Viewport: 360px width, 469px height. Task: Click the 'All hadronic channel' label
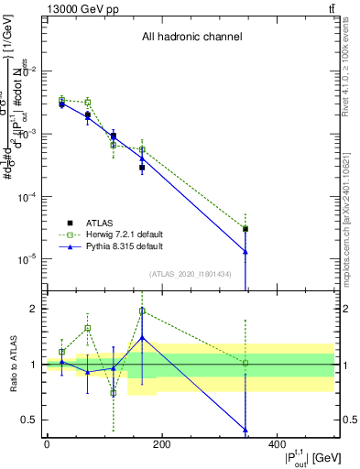coord(191,38)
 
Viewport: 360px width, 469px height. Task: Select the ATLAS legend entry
coord(100,222)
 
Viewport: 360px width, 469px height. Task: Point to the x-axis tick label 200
coord(161,443)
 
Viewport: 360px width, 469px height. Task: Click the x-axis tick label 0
coord(47,443)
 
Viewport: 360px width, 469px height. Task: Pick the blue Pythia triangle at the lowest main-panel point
coord(245,252)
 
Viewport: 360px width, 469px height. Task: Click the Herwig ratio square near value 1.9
coord(142,311)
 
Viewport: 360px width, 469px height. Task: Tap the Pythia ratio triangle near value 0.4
coord(245,430)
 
